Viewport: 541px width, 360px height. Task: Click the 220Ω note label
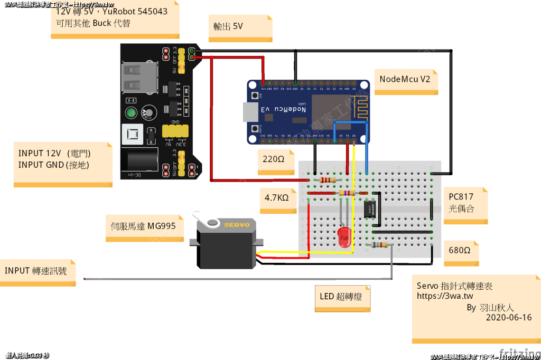tap(275, 158)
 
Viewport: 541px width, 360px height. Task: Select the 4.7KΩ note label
tap(277, 198)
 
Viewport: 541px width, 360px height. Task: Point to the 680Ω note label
tap(460, 250)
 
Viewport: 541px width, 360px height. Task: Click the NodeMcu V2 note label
tap(405, 79)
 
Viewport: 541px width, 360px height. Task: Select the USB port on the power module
tap(139, 77)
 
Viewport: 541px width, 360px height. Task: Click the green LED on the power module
tap(130, 113)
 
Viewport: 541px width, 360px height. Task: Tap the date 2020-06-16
tap(508, 318)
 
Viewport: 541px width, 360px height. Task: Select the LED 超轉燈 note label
tap(341, 297)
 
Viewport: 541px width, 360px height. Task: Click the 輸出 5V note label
tap(228, 26)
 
